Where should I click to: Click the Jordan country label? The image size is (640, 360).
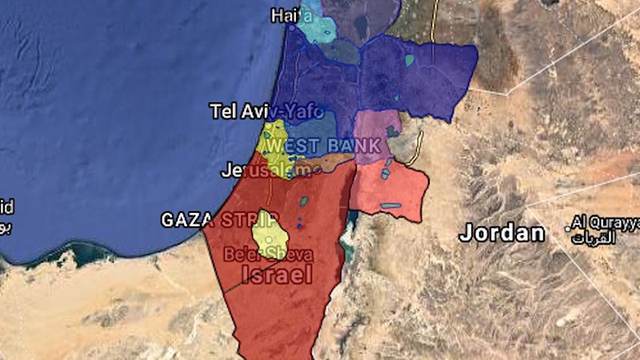pyautogui.click(x=502, y=234)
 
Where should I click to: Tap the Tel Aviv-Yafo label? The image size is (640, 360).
pyautogui.click(x=266, y=111)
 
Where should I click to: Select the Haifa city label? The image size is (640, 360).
pyautogui.click(x=289, y=15)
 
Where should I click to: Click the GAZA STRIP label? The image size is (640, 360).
pyautogui.click(x=220, y=219)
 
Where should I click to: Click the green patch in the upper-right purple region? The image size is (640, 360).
pyautogui.click(x=410, y=60)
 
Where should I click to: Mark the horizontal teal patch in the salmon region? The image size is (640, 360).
pyautogui.click(x=390, y=206)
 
